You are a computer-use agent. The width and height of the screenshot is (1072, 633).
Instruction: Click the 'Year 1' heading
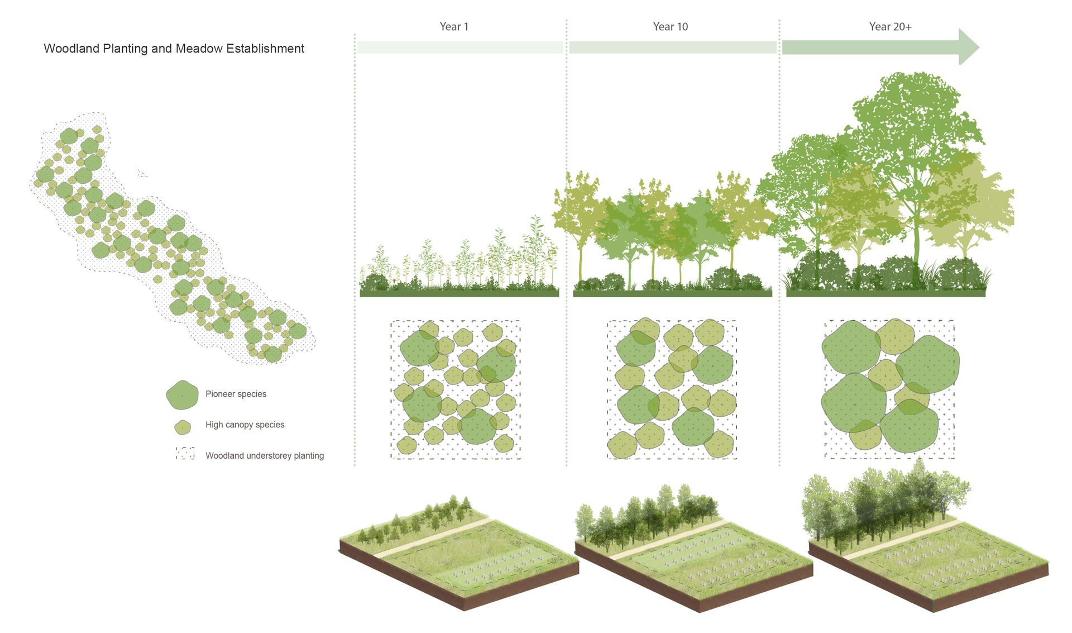453,26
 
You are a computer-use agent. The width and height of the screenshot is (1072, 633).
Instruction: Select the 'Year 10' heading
670,26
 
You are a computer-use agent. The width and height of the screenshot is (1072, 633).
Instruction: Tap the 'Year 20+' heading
890,26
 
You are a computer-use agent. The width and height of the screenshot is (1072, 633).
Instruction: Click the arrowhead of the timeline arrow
969,47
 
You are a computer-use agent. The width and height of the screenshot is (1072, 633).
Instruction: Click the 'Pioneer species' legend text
236,394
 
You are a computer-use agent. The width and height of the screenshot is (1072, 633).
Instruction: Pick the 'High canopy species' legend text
245,425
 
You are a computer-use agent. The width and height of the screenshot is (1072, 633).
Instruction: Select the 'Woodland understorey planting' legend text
264,456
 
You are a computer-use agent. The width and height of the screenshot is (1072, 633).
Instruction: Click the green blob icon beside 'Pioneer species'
182,395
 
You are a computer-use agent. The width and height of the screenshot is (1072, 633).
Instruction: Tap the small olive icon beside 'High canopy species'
183,427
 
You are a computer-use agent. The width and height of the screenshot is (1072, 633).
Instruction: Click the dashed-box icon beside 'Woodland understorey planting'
185,454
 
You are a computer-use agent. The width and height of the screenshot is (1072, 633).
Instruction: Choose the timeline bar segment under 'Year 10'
672,47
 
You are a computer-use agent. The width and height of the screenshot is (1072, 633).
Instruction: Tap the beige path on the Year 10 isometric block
670,537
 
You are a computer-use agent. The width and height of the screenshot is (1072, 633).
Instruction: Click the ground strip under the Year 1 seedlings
459,293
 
